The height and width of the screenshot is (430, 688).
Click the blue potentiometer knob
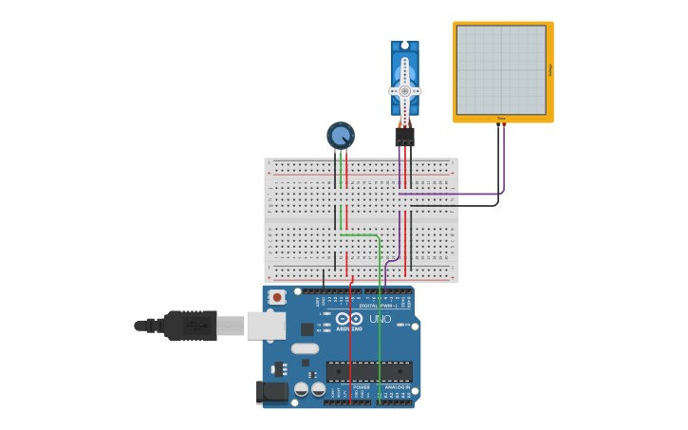click(340, 135)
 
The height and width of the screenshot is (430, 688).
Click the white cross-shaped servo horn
click(405, 90)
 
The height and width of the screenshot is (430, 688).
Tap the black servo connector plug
click(405, 137)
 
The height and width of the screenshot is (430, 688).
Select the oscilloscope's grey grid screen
click(501, 70)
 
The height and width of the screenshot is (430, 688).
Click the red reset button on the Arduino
click(276, 297)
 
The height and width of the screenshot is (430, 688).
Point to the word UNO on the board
click(380, 319)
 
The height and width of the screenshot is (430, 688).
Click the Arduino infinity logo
click(348, 319)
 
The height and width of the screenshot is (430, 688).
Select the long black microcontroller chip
click(369, 371)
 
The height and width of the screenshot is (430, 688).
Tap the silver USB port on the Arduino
click(266, 326)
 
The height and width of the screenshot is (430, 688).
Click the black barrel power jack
click(272, 392)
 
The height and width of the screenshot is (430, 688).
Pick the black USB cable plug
click(190, 326)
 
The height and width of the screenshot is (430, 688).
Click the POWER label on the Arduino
click(361, 387)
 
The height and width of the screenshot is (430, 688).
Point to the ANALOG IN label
click(397, 387)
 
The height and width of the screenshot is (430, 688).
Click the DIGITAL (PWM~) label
click(377, 306)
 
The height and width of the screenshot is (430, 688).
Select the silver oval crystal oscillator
click(305, 348)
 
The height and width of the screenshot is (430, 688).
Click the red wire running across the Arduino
click(349, 342)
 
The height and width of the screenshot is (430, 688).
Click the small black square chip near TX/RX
click(307, 329)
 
